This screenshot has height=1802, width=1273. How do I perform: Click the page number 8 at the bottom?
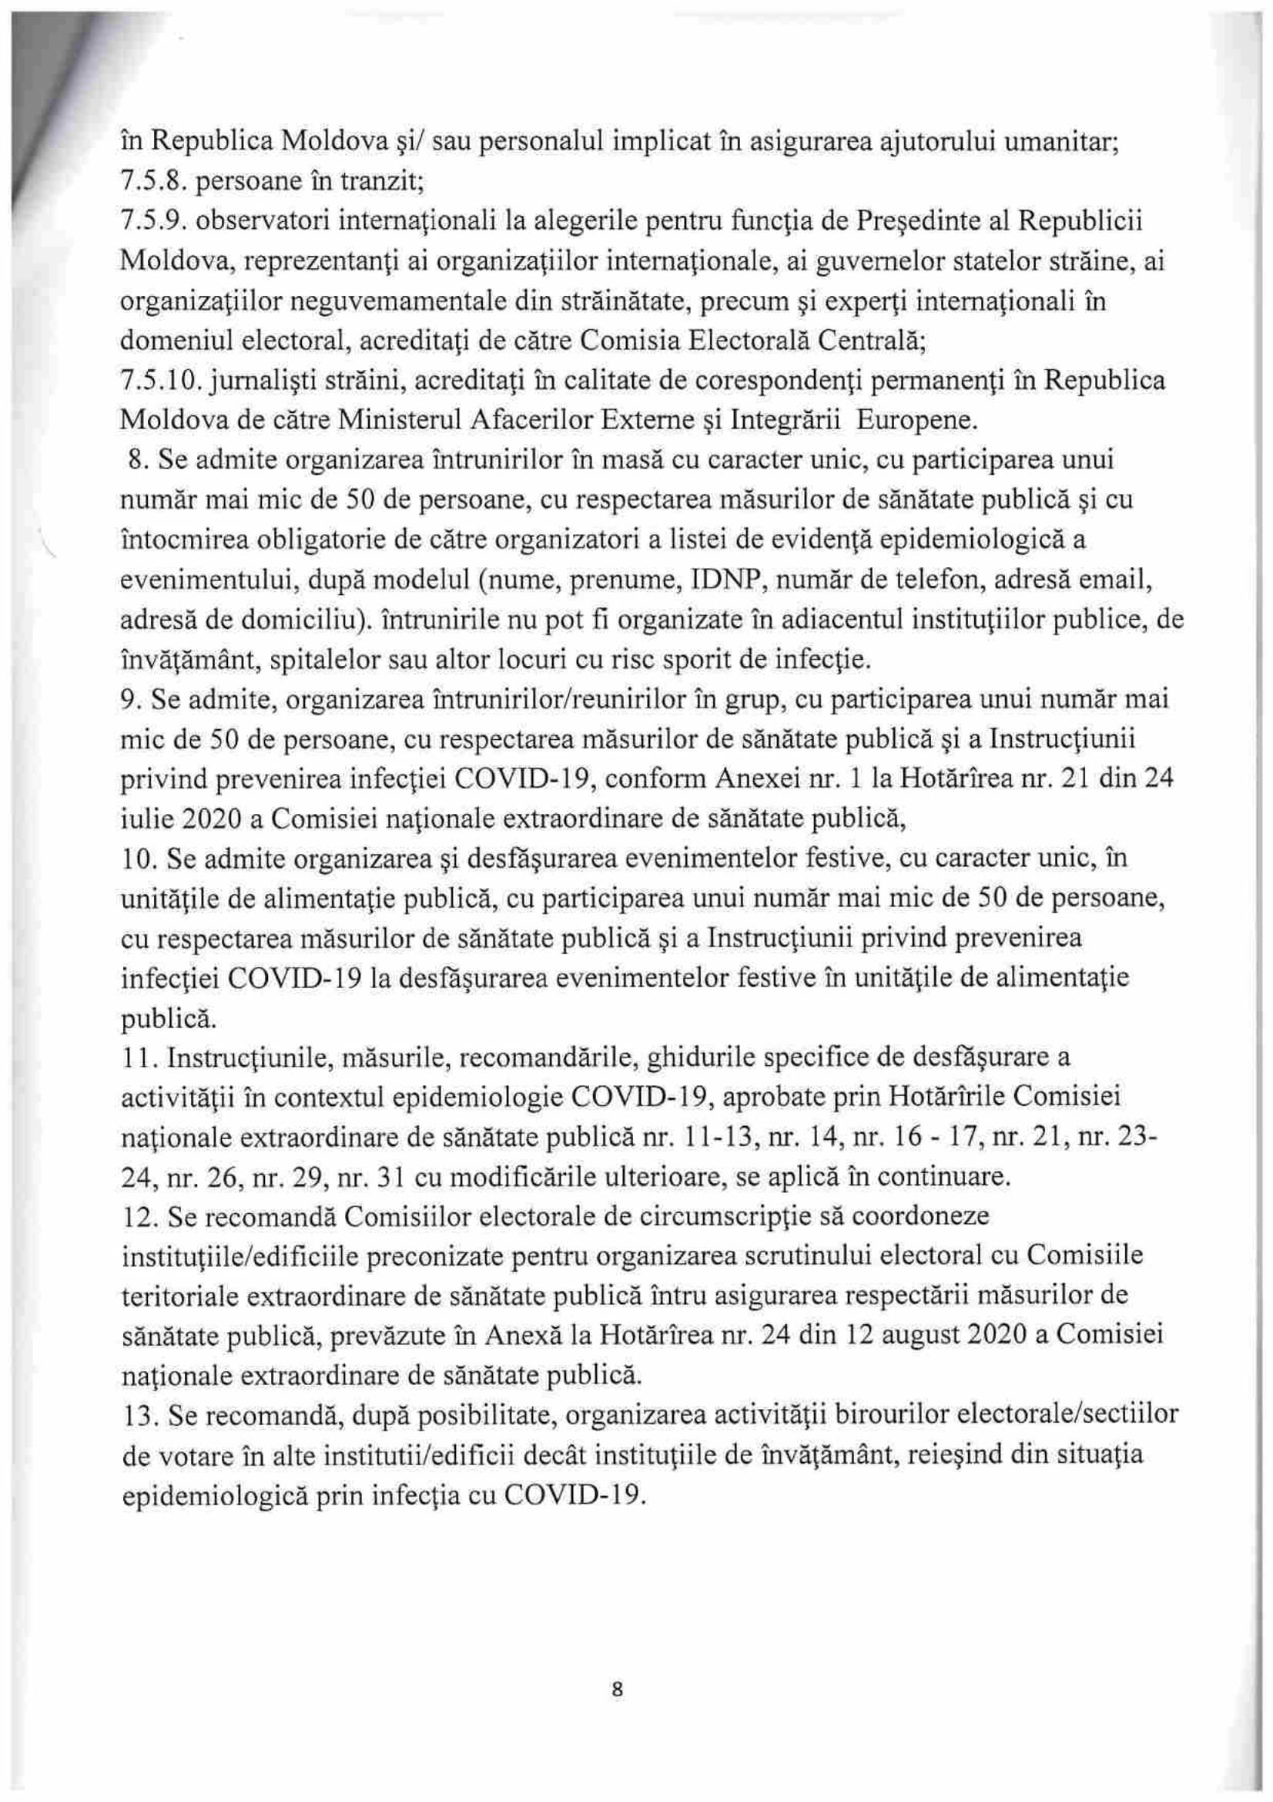click(616, 1687)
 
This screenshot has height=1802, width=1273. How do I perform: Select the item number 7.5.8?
click(150, 181)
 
